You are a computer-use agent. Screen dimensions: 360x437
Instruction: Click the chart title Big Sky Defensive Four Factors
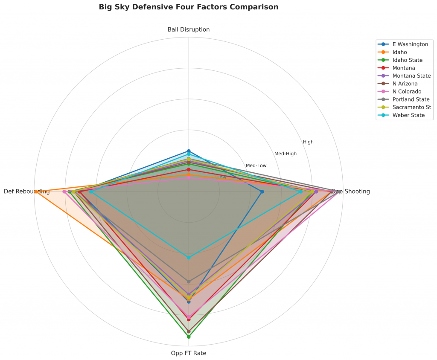188,7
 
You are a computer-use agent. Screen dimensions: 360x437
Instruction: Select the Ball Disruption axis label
189,29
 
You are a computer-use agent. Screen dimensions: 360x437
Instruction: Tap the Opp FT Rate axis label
189,353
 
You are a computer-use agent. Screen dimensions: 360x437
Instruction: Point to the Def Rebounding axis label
26,192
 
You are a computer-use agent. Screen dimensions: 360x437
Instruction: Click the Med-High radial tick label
286,154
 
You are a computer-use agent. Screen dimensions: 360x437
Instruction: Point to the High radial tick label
308,142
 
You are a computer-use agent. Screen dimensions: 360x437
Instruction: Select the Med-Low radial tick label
256,165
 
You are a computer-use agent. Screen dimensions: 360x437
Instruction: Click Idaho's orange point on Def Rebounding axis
36,192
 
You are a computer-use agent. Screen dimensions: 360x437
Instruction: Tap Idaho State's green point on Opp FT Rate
189,337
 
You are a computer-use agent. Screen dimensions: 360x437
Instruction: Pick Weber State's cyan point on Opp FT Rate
189,257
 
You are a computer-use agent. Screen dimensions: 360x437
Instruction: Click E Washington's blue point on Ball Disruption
189,151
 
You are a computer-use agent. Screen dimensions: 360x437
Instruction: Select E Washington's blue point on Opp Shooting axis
262,192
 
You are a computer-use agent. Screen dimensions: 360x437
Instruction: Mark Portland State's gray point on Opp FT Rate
189,282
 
